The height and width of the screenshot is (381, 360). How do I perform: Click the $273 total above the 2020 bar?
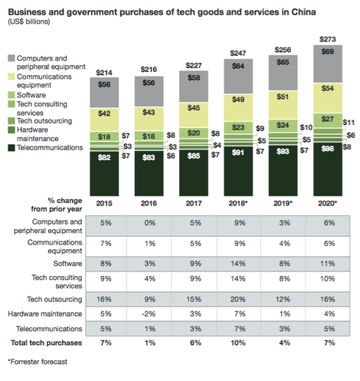328,39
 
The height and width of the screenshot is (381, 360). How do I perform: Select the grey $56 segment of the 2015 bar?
104,92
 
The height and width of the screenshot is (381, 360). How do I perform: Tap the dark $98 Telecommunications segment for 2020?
328,169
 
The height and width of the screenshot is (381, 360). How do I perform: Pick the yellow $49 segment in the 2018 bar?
238,107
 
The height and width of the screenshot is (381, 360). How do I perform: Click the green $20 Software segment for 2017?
194,133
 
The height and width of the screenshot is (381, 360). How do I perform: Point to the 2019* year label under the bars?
283,203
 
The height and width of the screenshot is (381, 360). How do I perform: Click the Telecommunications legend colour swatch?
11,148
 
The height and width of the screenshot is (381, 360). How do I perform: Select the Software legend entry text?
31,95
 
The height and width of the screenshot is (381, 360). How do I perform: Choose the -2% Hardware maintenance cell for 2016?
149,314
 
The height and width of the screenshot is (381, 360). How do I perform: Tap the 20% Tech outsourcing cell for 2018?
238,299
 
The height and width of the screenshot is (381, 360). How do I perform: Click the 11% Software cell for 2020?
328,264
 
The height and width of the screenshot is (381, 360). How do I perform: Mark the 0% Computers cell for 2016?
150,223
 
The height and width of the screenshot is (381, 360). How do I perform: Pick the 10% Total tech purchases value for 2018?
238,343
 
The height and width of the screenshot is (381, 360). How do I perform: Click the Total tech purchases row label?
46,343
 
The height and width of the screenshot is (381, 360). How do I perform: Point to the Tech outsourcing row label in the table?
54,299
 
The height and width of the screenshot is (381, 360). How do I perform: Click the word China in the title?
303,12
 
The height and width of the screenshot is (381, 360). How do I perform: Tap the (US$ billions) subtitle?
29,21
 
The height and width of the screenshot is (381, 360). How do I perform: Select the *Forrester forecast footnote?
38,362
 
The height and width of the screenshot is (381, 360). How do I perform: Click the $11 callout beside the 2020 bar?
349,123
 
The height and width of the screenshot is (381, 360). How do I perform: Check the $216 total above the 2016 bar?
149,69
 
